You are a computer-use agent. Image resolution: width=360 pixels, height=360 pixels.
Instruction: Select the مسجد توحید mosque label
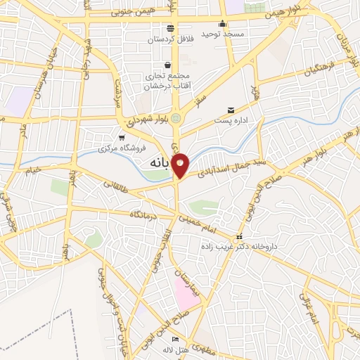tap(221, 34)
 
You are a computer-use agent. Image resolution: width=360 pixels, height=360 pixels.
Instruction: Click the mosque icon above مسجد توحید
tap(222, 22)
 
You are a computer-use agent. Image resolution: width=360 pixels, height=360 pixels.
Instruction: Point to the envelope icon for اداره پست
tap(231, 110)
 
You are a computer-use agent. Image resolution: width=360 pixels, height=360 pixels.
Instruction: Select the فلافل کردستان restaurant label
tap(171, 39)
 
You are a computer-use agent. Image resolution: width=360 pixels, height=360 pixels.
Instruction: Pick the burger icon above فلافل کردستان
tap(171, 29)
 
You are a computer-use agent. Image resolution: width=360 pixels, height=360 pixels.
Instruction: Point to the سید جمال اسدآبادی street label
tap(226, 166)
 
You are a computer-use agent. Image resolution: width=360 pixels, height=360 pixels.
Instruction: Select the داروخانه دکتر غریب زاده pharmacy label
tap(239, 247)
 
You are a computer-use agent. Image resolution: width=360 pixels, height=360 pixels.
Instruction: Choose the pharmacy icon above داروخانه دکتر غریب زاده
tap(240, 237)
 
